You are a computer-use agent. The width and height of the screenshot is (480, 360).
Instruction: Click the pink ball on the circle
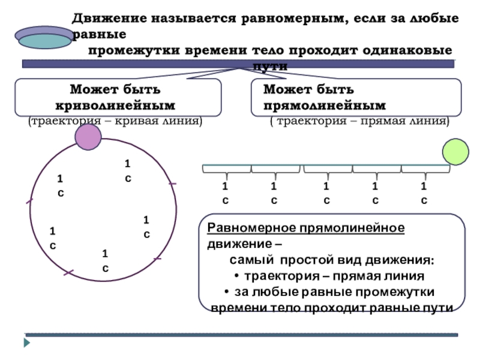point(88,137)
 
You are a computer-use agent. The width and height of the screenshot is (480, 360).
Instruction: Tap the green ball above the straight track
point(455,152)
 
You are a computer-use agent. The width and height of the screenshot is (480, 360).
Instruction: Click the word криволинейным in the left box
point(115,106)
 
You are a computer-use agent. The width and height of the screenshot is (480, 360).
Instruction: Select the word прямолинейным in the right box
point(325,106)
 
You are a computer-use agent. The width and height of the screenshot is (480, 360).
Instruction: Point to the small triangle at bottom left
point(27,343)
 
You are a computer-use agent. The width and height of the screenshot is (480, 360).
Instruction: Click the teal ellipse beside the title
point(44,41)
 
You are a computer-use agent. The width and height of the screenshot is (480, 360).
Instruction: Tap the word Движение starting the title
point(110,19)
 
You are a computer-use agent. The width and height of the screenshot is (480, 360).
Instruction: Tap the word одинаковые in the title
point(407,50)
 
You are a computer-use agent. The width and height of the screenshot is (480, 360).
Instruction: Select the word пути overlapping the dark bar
point(270,66)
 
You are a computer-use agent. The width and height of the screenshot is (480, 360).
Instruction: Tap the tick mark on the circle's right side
point(173,184)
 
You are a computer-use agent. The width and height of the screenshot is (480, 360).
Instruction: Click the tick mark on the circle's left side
point(29,201)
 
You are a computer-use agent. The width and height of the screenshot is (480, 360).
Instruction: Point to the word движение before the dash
point(239,244)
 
